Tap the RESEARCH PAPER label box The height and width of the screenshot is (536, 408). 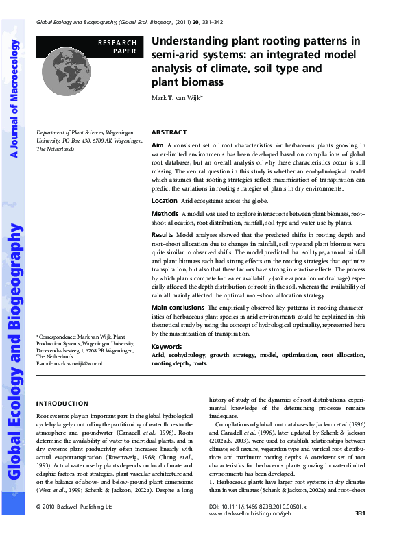coord(117,47)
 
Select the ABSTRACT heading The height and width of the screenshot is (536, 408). coord(169,132)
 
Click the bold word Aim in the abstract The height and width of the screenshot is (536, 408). coord(157,145)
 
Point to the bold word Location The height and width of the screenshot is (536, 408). coord(164,201)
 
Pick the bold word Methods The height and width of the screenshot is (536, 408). coord(165,215)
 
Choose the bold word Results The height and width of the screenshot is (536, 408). coord(163,234)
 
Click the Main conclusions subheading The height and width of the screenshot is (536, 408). coord(180,308)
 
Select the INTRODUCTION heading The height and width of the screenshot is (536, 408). coord(62,404)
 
